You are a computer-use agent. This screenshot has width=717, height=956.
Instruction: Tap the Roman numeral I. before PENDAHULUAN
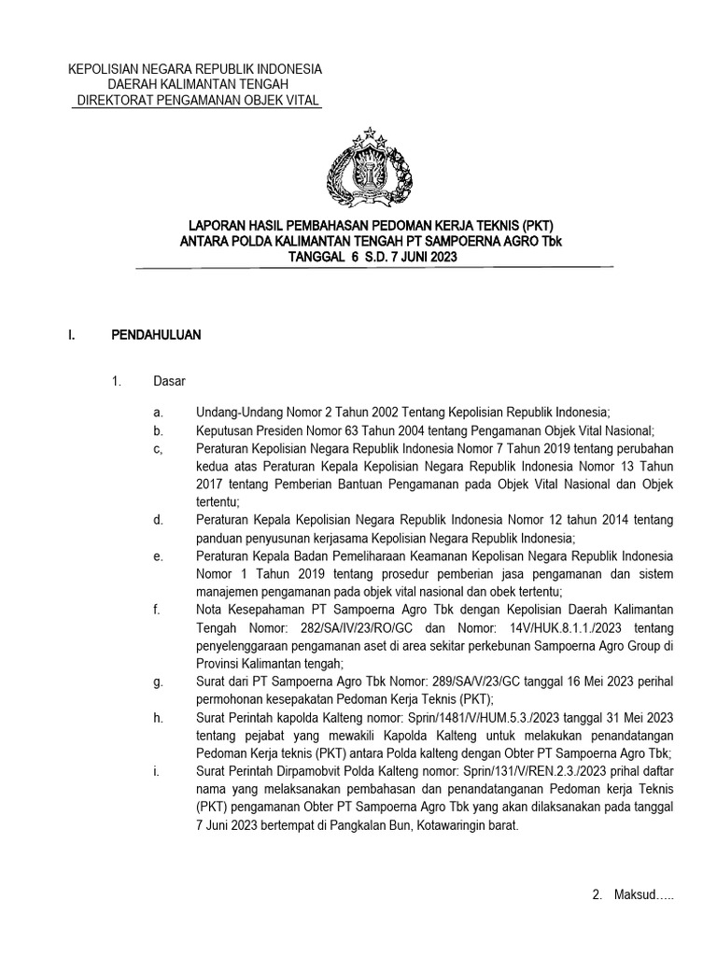(x=72, y=333)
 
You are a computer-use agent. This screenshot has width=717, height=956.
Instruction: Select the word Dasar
(x=169, y=381)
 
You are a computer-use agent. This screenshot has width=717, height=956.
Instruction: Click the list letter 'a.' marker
(x=161, y=412)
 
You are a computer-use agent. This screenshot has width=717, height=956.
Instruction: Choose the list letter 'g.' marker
(x=161, y=682)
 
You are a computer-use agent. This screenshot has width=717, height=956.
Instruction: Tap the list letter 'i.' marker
(x=160, y=771)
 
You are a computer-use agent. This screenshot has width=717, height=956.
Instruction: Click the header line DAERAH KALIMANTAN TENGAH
(x=196, y=85)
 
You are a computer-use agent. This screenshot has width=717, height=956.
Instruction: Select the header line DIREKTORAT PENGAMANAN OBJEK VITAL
(x=196, y=100)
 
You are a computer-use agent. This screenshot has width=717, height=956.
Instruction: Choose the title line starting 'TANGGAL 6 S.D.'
(x=373, y=258)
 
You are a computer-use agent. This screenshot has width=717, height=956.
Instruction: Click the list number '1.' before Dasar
(x=117, y=381)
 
